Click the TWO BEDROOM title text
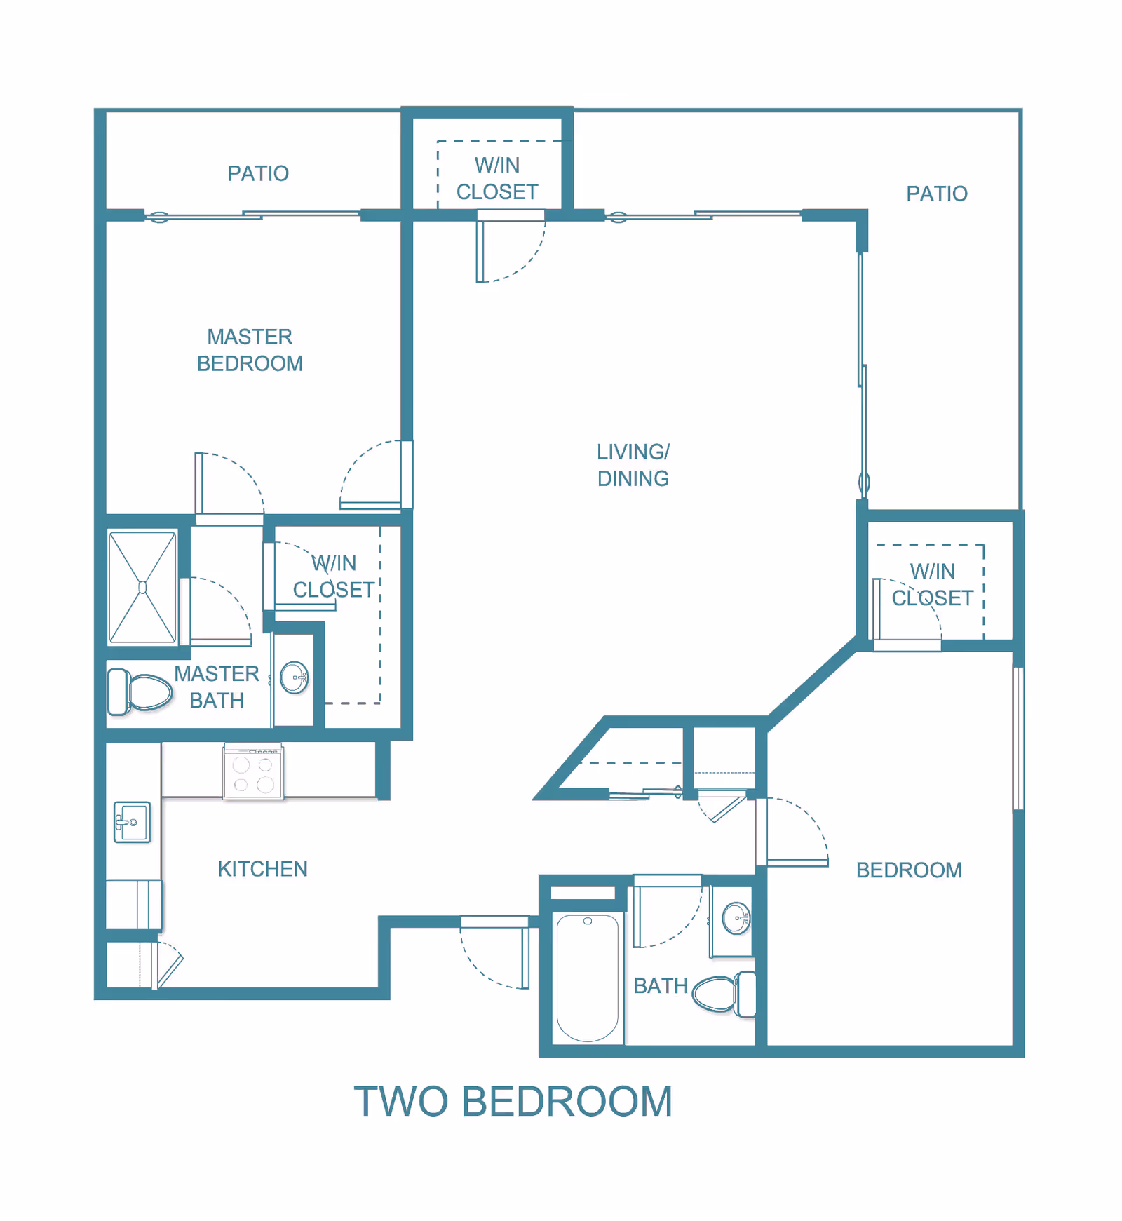513,1102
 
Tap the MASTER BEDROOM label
250,350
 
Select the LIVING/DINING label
633,465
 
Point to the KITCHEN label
262,869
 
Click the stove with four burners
253,772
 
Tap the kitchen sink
133,822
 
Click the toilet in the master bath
140,692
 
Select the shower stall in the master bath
142,587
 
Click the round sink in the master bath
294,677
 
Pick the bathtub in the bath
588,978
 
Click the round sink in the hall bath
736,918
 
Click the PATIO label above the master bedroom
257,173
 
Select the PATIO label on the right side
936,194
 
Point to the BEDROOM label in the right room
909,870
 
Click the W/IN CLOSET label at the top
497,178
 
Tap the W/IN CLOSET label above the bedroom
932,585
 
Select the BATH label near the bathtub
661,986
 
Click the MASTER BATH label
217,687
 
